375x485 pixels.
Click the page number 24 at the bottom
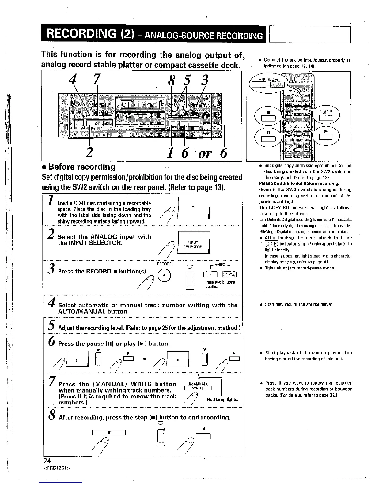tap(47, 461)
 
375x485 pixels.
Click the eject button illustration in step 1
tap(194, 208)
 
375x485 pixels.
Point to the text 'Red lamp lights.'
tap(223, 400)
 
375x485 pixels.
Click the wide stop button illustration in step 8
tap(109, 433)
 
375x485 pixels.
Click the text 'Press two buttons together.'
tap(219, 284)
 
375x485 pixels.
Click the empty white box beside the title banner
tap(310, 35)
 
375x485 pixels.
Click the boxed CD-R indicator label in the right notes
tap(271, 244)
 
